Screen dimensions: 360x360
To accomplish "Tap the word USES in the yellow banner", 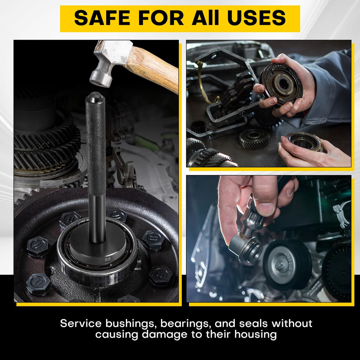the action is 256,18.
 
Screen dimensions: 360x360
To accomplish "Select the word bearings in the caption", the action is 186,324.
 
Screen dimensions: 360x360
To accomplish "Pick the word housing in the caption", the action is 256,334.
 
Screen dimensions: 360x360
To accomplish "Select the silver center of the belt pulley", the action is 280,264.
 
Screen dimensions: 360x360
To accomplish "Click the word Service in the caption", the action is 81,323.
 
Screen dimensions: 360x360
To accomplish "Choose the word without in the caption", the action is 292,323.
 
